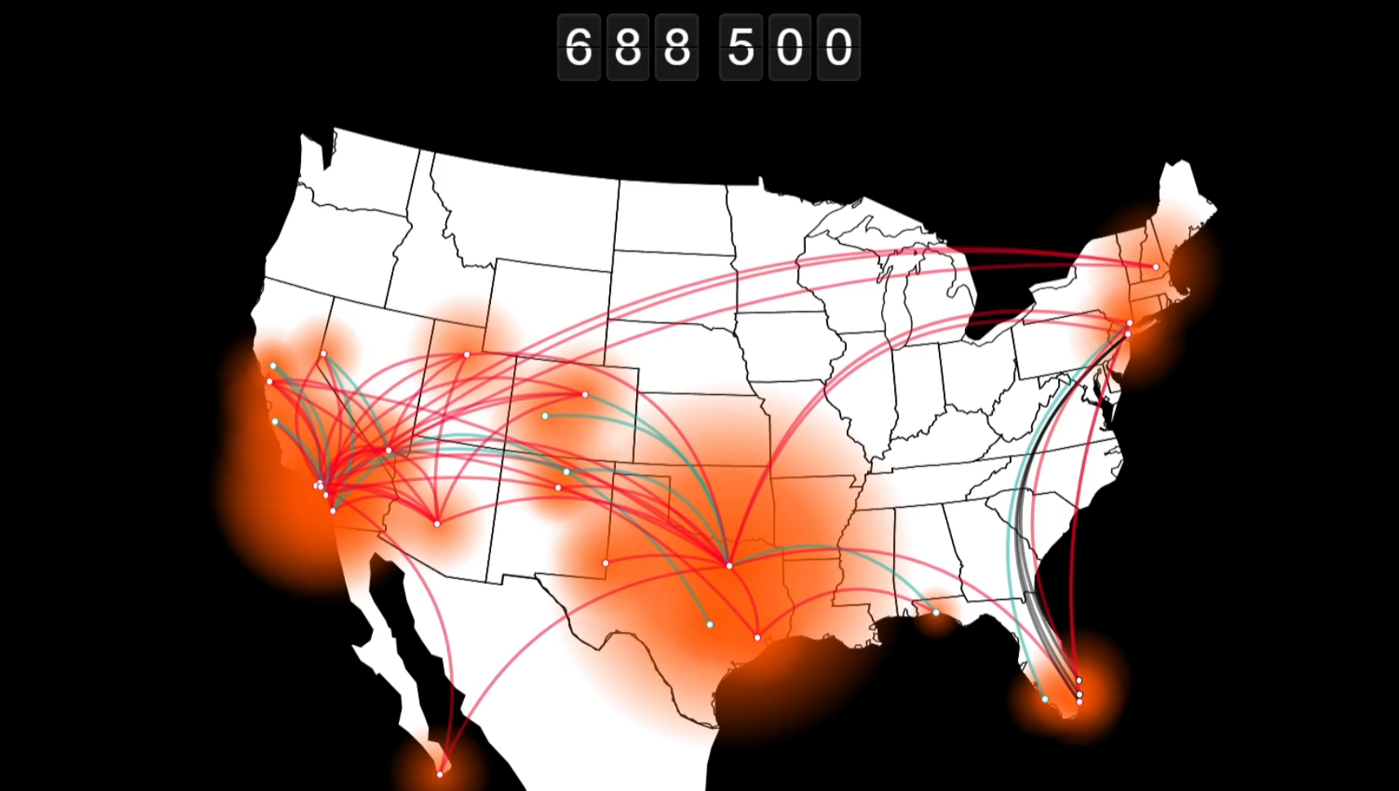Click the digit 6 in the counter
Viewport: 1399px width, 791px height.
coord(578,47)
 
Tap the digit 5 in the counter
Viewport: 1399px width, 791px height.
coord(741,47)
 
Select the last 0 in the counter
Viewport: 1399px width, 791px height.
coord(839,47)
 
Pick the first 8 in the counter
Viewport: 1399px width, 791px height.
coord(627,47)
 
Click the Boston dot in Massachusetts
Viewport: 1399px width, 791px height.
coord(1156,267)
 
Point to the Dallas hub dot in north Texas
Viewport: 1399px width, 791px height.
coord(729,565)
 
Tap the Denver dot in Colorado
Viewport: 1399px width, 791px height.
coord(585,394)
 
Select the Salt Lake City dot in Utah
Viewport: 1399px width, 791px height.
coord(467,354)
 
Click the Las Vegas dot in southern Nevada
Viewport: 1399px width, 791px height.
coord(389,450)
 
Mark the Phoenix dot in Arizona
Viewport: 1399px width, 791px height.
coord(437,523)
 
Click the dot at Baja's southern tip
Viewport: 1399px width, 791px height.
coord(440,774)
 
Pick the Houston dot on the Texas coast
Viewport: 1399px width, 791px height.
coord(757,637)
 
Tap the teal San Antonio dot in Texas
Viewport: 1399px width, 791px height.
coord(710,624)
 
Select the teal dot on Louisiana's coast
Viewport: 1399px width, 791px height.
coord(936,612)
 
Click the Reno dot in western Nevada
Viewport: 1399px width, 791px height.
coord(324,353)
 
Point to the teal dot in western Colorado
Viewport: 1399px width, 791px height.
coord(545,415)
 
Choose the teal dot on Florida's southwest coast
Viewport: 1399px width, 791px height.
coord(1045,699)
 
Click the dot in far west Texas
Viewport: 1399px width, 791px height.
coord(605,563)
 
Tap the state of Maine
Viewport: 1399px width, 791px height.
coord(1183,196)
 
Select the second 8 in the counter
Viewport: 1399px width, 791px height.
coord(676,47)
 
